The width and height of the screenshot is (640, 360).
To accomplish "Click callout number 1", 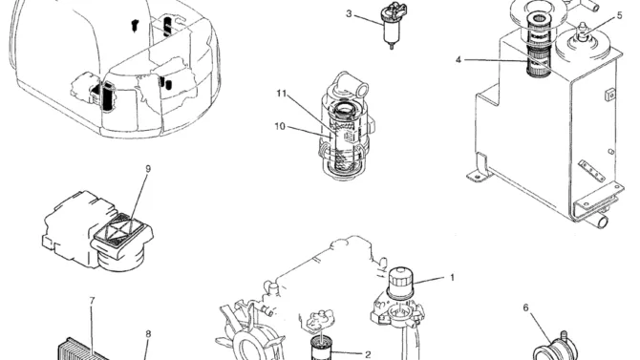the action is point(452,278).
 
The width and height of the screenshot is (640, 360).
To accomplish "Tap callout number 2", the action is point(368,354).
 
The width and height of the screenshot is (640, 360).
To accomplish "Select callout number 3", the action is point(349,14).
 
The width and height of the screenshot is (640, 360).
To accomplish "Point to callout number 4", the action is point(459,60).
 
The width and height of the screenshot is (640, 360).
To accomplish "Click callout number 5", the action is point(620,15).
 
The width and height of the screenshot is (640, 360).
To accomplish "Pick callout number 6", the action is point(525,307).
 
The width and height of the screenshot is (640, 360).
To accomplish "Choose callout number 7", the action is point(92,301).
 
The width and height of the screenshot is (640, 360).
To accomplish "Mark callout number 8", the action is point(148,334).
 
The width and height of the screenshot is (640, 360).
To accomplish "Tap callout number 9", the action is point(148,169).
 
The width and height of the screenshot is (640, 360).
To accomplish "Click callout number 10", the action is point(280,127).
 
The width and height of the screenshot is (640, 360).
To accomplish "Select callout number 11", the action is point(282,94).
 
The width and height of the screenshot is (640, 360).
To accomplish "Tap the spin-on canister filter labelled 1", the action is point(400,283).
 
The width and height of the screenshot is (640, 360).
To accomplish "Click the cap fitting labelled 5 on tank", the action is point(583,32).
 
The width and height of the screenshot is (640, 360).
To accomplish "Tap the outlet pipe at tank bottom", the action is point(598,221).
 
